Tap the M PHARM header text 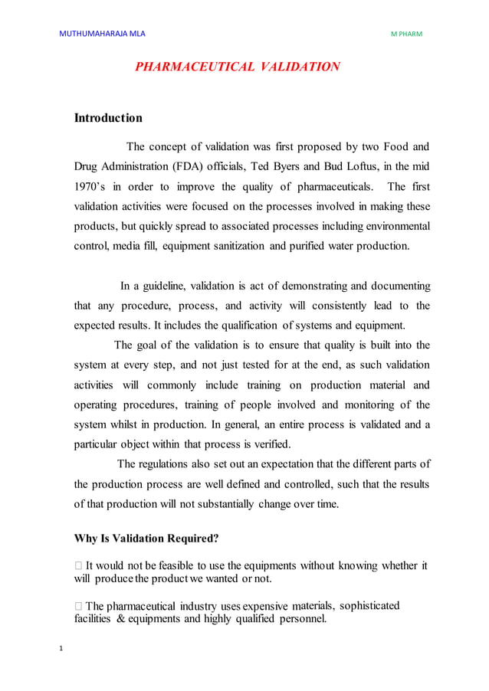(406, 34)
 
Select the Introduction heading (108, 118)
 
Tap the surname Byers (290, 166)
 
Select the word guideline (164, 286)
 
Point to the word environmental (395, 226)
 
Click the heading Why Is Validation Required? (146, 538)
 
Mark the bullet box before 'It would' (78, 566)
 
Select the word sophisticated (358, 606)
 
